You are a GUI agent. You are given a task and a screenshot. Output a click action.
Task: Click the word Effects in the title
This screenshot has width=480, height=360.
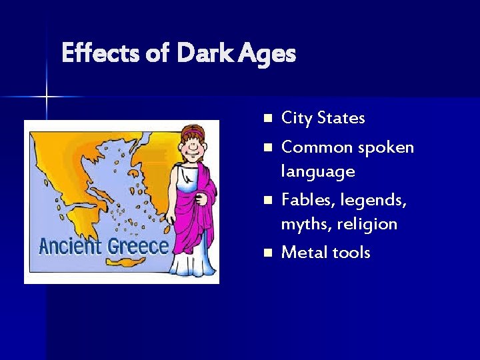click(x=101, y=53)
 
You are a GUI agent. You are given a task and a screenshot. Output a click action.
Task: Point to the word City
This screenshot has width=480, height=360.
click(x=296, y=119)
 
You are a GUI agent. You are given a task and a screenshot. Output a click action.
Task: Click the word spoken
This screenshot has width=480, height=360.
click(x=386, y=147)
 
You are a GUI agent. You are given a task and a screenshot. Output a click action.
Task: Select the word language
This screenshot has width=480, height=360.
click(x=317, y=172)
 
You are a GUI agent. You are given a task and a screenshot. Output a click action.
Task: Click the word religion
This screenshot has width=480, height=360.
click(x=367, y=225)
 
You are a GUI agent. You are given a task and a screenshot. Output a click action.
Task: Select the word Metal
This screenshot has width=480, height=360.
click(x=303, y=253)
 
